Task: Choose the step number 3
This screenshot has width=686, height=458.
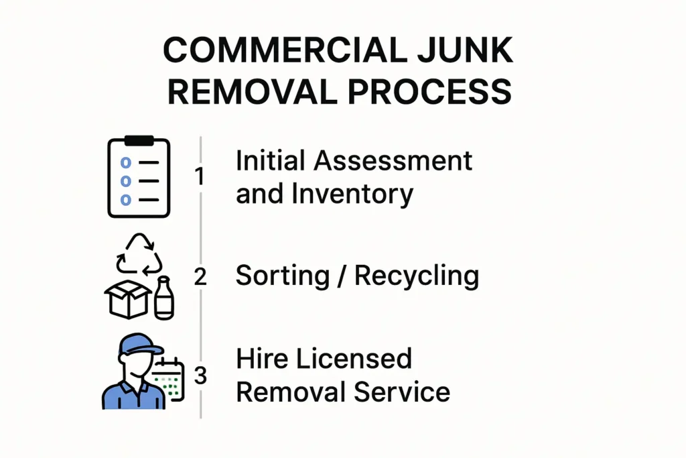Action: [200, 376]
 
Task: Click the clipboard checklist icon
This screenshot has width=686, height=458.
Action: [139, 178]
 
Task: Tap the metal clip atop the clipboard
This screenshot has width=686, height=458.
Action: [139, 141]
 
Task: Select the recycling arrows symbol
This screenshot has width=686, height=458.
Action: [139, 255]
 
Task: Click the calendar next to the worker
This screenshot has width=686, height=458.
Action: [168, 380]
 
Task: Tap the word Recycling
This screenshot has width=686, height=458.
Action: [416, 276]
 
